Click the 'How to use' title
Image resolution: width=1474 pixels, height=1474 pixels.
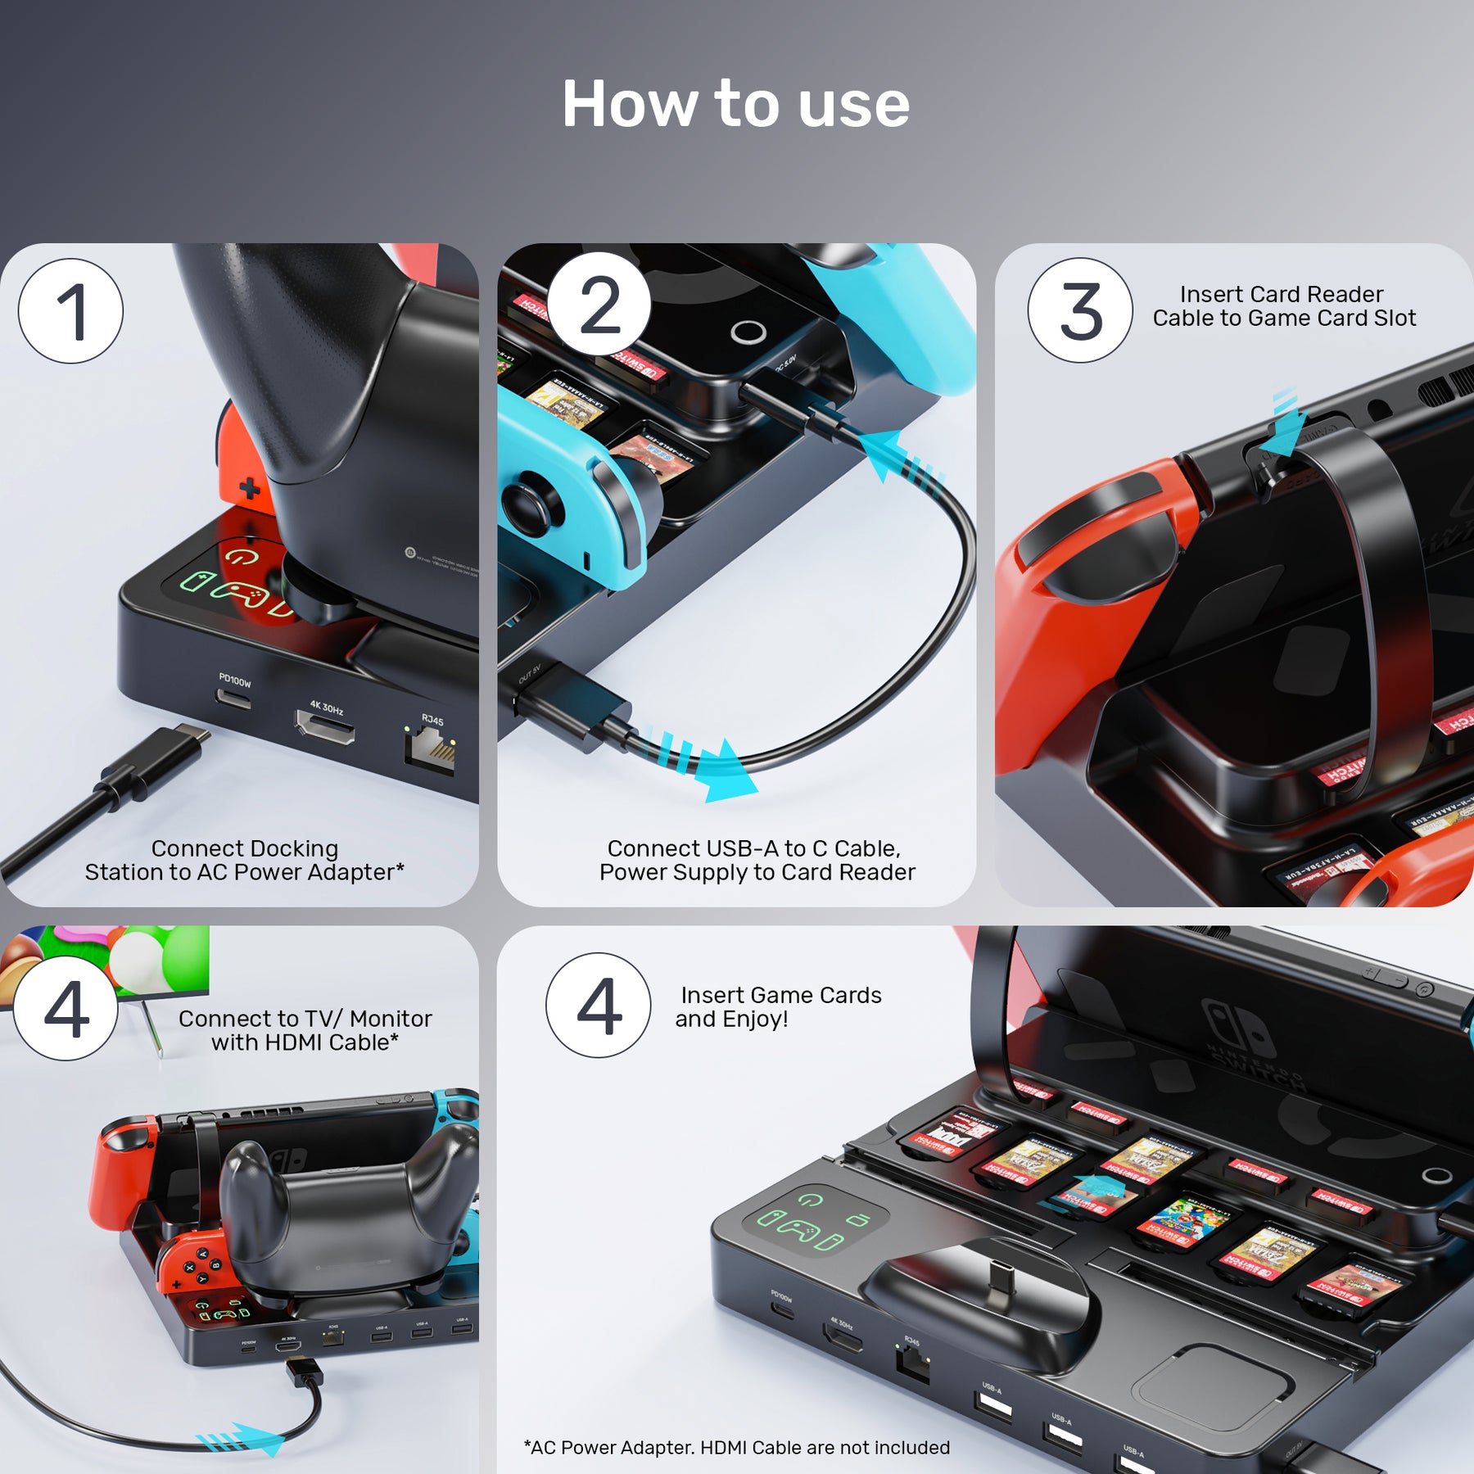[735, 105]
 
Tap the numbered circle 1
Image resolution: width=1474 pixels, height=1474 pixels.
[70, 311]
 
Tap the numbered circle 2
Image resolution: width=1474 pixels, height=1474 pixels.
[599, 305]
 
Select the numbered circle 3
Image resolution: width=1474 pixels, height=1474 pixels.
[1080, 310]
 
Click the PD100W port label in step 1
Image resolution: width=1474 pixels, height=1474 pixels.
[235, 680]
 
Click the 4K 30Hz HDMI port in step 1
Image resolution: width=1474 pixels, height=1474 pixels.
[325, 726]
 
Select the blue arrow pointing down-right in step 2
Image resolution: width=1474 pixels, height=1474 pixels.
[712, 766]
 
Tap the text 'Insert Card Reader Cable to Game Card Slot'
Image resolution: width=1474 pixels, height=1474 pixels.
[1283, 306]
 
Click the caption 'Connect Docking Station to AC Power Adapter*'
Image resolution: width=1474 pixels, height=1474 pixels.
[244, 860]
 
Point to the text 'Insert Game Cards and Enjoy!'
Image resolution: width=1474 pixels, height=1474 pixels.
[778, 1006]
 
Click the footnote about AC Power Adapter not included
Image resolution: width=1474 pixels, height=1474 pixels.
[736, 1447]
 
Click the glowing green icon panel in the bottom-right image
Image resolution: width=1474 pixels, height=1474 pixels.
[815, 1219]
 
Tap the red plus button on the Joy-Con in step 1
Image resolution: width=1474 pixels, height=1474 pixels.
[250, 490]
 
